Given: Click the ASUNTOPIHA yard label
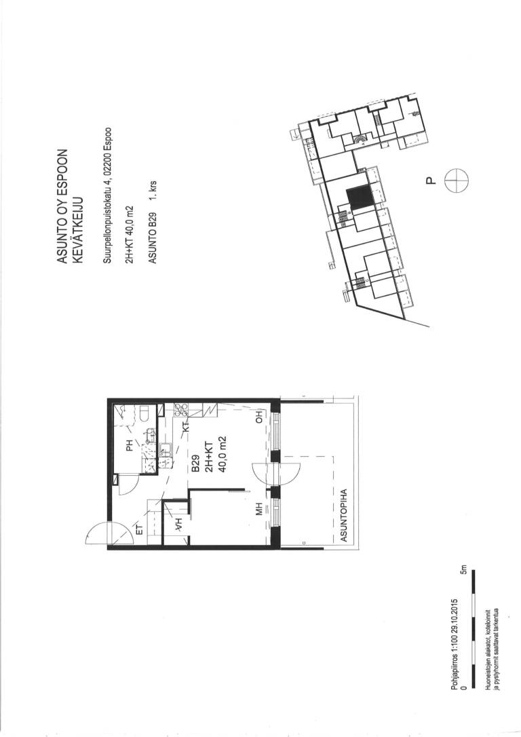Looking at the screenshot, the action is [343, 516].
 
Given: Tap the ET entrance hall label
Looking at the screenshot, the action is [140, 530].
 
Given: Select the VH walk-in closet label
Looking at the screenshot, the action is [178, 524].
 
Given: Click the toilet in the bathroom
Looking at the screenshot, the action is [144, 412].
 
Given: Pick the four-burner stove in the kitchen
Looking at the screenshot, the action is [181, 410].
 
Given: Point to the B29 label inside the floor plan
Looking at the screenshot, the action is [196, 464].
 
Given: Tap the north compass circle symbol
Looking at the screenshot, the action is [457, 181].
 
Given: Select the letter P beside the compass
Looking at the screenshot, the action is [429, 181].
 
